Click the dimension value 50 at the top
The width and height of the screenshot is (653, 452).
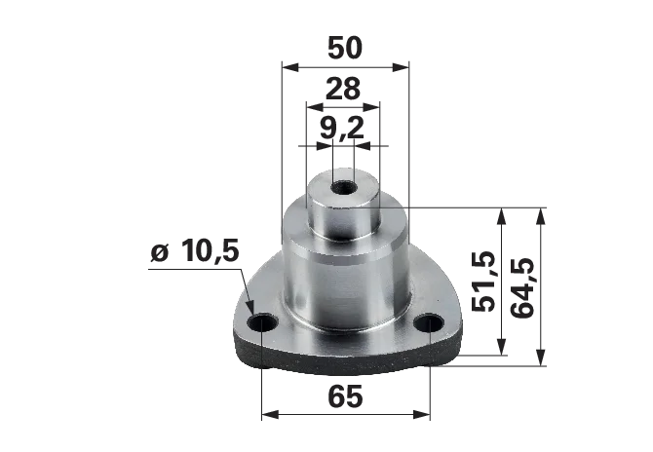point(345,48)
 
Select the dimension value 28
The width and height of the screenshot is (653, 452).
point(342,89)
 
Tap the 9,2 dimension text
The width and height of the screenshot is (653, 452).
point(341,128)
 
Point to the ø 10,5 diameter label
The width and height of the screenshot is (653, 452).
point(195,251)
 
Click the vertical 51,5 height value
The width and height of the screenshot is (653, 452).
point(483,282)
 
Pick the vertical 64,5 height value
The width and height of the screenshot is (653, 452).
point(521,288)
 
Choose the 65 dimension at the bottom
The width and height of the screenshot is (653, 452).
point(345,396)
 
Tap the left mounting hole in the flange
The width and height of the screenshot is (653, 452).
point(262,322)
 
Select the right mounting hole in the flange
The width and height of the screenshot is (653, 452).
point(430,322)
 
